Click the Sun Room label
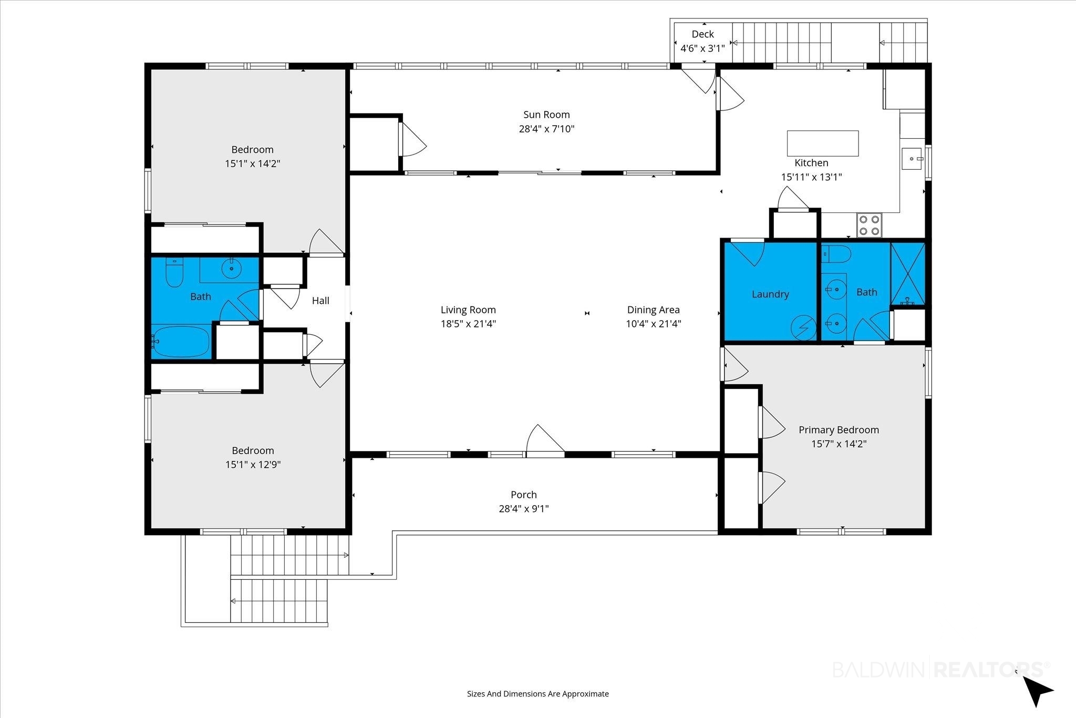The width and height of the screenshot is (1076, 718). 546,115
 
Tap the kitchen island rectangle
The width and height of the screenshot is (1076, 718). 823,143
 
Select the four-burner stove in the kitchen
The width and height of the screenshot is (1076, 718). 870,225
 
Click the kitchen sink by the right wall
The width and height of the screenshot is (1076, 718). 912,159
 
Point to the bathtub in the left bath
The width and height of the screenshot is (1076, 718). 181,342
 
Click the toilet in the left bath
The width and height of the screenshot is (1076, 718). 174,272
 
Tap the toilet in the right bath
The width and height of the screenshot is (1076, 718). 836,254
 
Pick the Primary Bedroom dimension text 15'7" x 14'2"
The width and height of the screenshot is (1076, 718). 839,444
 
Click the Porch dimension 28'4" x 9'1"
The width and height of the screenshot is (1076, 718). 524,509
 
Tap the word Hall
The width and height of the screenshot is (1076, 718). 320,301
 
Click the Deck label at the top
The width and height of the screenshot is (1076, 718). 702,34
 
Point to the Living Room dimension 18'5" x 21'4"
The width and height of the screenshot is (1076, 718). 468,324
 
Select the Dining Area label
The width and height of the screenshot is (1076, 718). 653,310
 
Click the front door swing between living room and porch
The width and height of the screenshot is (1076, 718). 545,438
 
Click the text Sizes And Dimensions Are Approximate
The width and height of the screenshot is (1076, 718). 538,694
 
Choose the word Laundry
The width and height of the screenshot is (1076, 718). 770,294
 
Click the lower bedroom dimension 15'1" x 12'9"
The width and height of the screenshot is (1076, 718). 253,465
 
